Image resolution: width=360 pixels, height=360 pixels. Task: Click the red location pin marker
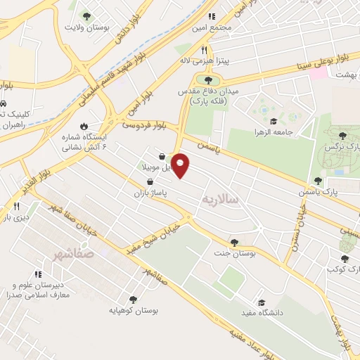[x=181, y=165]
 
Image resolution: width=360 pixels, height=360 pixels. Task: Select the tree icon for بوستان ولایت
[x=86, y=15]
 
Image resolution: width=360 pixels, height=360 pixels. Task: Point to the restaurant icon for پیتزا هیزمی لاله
[x=205, y=50]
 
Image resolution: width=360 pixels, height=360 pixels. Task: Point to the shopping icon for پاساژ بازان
[x=150, y=181]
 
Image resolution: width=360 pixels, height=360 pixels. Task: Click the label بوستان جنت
[x=234, y=254]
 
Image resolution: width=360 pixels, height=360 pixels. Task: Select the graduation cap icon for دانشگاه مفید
[x=262, y=301]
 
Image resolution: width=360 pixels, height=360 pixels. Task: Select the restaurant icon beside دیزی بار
[x=15, y=206]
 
